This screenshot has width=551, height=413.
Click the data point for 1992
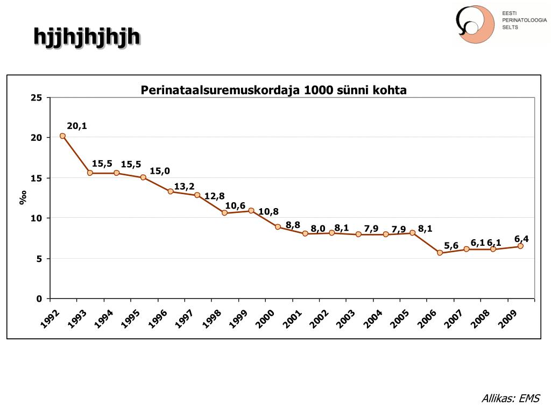pyautogui.click(x=62, y=136)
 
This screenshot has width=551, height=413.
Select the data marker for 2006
pyautogui.click(x=440, y=253)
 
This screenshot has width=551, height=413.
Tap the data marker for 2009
pyautogui.click(x=520, y=246)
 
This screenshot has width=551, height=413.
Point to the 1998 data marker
pyautogui.click(x=224, y=213)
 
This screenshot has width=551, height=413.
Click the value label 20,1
pyautogui.click(x=77, y=126)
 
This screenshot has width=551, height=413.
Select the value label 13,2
pyautogui.click(x=184, y=187)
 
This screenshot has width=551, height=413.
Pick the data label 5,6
pyautogui.click(x=451, y=246)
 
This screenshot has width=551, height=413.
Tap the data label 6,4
pyautogui.click(x=521, y=239)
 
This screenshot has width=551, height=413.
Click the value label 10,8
pyautogui.click(x=269, y=212)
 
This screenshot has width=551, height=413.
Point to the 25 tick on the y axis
pyautogui.click(x=37, y=98)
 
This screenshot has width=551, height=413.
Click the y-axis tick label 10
pyautogui.click(x=37, y=218)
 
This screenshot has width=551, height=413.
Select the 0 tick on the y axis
pyautogui.click(x=39, y=299)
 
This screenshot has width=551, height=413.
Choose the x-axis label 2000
pyautogui.click(x=265, y=318)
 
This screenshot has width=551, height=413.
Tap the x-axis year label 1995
pyautogui.click(x=131, y=318)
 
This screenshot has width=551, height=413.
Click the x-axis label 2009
pyautogui.click(x=507, y=318)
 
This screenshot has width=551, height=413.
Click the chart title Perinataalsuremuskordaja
pyautogui.click(x=273, y=90)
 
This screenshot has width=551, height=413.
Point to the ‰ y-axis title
pyautogui.click(x=23, y=198)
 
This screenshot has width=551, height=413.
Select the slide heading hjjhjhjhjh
pyautogui.click(x=87, y=37)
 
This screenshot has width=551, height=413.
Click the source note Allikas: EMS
pyautogui.click(x=510, y=398)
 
